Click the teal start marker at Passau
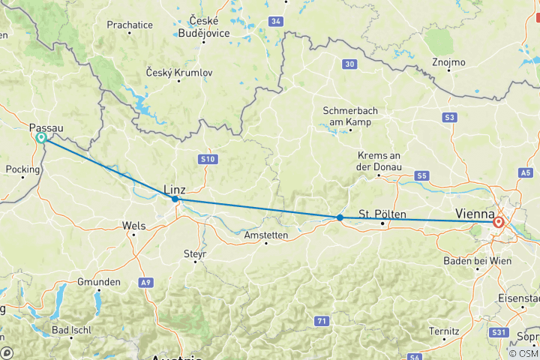[40, 138]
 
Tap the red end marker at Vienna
[498, 222]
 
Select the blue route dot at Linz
[175, 199]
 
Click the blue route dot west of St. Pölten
[340, 217]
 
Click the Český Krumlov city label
[181, 73]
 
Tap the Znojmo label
[448, 61]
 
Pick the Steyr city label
[194, 254]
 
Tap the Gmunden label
[98, 282]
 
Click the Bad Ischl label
[72, 331]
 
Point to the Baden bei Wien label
[477, 260]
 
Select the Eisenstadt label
[520, 298]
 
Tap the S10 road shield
[208, 159]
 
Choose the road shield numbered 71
[321, 320]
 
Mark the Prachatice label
[130, 25]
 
